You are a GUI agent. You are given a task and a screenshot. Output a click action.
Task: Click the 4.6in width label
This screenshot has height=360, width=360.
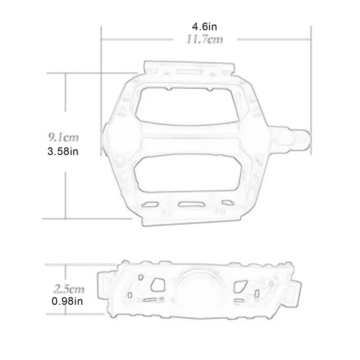coord(205,26)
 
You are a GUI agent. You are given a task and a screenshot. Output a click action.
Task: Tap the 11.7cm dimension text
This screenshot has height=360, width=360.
coord(205,39)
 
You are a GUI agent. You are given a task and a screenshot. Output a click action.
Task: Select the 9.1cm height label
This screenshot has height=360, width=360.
coord(63,137)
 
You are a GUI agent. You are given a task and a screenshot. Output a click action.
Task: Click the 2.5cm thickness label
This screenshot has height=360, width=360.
coord(68,288)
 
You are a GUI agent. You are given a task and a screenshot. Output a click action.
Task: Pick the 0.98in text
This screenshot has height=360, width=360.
coord(67,302)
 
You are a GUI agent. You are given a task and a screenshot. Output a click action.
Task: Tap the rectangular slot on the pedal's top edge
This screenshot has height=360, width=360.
coord(189,72)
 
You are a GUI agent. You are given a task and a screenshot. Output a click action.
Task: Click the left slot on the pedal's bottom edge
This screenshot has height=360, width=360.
coord(150,204)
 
